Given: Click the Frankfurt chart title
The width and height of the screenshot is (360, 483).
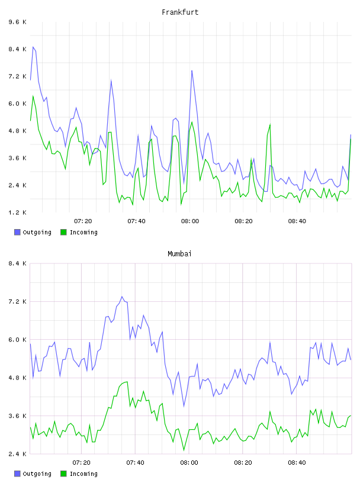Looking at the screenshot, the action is click(180, 12).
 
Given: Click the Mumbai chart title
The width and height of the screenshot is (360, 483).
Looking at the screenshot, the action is click(179, 254).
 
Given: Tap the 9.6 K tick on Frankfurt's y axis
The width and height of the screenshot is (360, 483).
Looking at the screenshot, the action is click(18, 22).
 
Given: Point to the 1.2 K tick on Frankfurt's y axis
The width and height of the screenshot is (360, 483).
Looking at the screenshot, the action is click(18, 212).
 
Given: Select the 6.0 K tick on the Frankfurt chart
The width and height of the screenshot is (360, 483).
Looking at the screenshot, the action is click(18, 104).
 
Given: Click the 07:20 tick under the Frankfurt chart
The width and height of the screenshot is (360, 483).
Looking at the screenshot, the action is click(83, 221).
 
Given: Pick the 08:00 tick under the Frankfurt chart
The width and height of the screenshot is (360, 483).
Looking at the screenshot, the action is click(190, 221).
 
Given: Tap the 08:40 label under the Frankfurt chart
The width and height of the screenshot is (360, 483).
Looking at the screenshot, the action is click(297, 221).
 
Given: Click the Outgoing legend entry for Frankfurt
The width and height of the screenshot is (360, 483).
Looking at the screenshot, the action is click(33, 232).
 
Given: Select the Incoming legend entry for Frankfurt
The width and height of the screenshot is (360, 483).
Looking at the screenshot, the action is click(79, 232).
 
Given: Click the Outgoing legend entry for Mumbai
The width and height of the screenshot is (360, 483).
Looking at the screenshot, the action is click(33, 474).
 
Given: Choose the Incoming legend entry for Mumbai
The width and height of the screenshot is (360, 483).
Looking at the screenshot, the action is click(79, 474).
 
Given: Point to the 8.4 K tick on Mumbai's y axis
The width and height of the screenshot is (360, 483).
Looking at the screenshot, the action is click(18, 263).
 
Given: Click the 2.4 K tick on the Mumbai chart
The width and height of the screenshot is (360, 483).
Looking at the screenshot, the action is click(18, 454).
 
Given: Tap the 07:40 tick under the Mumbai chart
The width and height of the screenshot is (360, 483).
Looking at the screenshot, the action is click(136, 462).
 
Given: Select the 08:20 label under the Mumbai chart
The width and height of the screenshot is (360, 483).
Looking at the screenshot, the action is click(243, 462).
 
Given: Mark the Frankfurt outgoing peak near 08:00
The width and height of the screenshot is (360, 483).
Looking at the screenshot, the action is click(192, 70).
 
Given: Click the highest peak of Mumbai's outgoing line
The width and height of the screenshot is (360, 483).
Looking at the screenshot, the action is click(122, 297).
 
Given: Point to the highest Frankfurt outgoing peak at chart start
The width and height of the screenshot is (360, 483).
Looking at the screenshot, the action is click(33, 47).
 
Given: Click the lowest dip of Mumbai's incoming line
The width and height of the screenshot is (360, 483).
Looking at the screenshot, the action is click(184, 450).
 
